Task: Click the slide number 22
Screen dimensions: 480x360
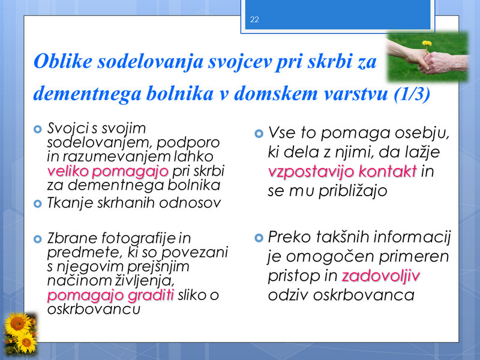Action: point(254,20)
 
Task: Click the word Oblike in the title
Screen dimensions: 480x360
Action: point(63,61)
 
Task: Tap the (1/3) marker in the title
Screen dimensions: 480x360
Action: point(412,94)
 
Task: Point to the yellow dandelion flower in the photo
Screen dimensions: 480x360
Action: point(427,43)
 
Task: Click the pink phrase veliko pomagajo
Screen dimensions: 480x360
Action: point(108,170)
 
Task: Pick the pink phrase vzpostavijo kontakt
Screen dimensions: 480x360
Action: point(342,171)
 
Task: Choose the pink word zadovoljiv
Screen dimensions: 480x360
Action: point(380,276)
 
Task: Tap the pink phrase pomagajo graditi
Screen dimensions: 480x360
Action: point(110,295)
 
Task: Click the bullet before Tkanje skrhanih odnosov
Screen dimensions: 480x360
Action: point(38,203)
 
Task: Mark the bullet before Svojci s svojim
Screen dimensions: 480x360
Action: point(38,129)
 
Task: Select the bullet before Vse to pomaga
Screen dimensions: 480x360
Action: point(259,133)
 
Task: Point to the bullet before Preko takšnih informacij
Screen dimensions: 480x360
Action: point(259,238)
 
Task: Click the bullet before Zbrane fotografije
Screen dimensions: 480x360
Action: point(38,239)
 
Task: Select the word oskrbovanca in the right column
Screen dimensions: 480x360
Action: point(364,295)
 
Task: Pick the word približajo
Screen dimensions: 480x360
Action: point(353,191)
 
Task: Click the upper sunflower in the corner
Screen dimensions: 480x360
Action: point(17,324)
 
